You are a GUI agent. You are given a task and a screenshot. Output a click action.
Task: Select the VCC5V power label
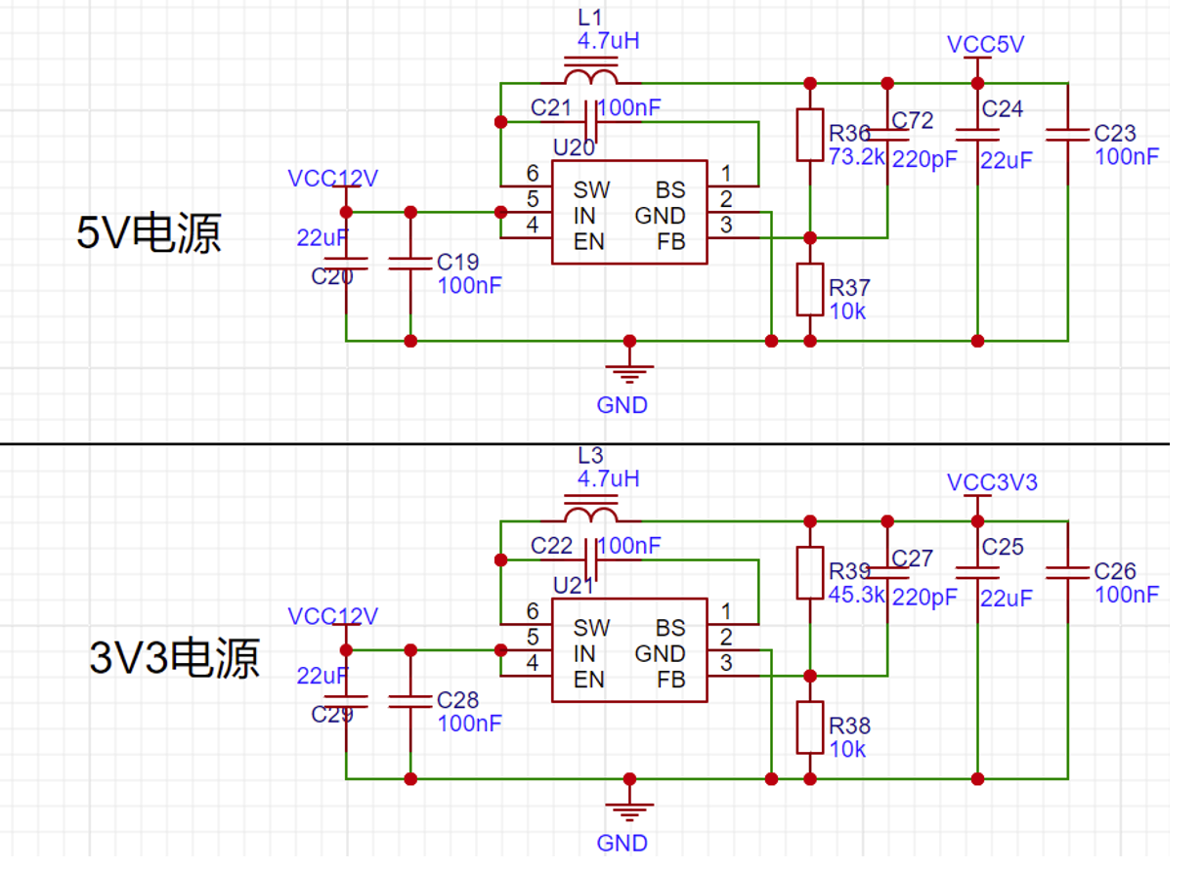(x=986, y=45)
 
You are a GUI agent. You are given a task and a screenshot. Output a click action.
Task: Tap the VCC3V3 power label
(x=992, y=482)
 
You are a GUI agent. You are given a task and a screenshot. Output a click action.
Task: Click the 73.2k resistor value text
(x=856, y=157)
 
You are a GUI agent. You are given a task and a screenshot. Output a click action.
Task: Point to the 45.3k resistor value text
(x=856, y=595)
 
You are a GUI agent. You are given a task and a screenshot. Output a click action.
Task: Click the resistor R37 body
(x=809, y=290)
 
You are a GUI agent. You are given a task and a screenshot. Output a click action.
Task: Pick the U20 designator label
(x=574, y=147)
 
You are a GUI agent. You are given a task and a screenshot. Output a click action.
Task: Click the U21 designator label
(x=574, y=586)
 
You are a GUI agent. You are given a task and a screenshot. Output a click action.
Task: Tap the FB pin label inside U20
(x=670, y=241)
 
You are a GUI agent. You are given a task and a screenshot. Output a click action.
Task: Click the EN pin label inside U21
(x=589, y=680)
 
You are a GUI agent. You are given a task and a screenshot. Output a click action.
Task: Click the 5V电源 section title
(x=150, y=234)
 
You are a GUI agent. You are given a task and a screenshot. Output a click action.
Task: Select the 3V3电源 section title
(x=175, y=660)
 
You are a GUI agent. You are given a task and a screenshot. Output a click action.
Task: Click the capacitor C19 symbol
(x=410, y=262)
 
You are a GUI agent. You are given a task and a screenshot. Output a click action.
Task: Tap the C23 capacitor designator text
(x=1115, y=134)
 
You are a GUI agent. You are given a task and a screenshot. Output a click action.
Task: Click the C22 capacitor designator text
(x=552, y=546)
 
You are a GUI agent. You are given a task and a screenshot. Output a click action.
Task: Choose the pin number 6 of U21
(x=533, y=612)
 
